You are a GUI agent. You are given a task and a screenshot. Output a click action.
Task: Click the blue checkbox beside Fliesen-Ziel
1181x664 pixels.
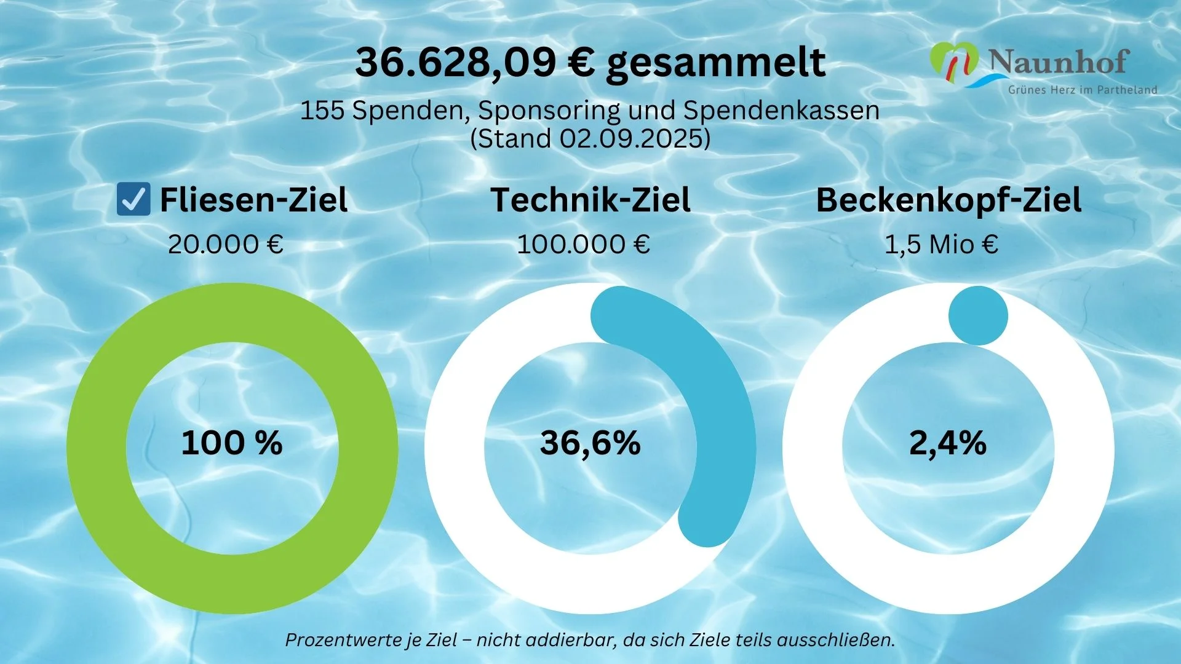pos(133,200)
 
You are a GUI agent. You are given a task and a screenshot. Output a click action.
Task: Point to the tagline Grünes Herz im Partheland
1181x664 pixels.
pos(1082,90)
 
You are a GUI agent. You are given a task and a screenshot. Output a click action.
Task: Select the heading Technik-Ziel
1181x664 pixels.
pos(590,200)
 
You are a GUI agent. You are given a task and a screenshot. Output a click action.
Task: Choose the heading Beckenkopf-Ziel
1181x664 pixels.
pos(948,200)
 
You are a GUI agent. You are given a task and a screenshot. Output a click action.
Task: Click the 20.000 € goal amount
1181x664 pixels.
pos(225,245)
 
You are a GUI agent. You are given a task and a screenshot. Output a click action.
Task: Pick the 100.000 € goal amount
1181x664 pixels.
pos(583,245)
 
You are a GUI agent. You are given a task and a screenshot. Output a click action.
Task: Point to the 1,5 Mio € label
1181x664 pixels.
pos(940,245)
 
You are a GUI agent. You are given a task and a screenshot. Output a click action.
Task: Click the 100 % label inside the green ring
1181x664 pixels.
pos(232,443)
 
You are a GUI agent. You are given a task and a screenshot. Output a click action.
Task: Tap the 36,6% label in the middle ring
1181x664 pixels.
pos(590,443)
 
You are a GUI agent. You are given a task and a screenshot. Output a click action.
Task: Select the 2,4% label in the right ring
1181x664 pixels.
pos(948,443)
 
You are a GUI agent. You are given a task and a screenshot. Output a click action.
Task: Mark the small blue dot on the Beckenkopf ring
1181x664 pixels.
pos(978,315)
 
